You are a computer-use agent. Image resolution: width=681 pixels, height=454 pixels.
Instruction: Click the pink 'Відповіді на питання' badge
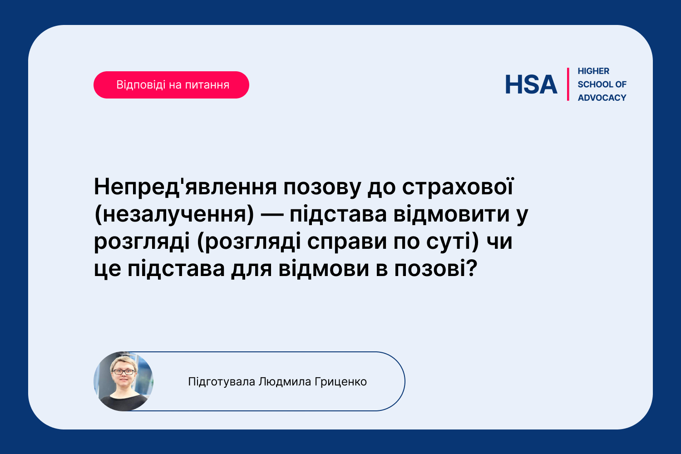pyautogui.click(x=171, y=85)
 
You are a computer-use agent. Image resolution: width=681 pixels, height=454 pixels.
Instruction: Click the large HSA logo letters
pyautogui.click(x=531, y=84)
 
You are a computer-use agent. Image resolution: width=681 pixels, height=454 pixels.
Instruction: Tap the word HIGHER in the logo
pyautogui.click(x=593, y=71)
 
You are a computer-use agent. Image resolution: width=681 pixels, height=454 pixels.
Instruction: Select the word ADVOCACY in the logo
pyautogui.click(x=602, y=98)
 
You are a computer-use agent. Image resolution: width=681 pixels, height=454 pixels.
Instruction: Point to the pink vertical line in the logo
pyautogui.click(x=568, y=84)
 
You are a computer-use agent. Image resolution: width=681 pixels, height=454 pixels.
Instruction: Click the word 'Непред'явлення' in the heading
pyautogui.click(x=185, y=187)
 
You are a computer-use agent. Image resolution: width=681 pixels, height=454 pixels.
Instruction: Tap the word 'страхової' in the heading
pyautogui.click(x=458, y=187)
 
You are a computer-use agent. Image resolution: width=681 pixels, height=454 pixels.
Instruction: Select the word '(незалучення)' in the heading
pyautogui.click(x=174, y=214)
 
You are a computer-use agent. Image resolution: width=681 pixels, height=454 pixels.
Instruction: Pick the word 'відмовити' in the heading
pyautogui.click(x=451, y=214)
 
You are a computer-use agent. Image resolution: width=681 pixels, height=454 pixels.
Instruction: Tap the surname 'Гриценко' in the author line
pyautogui.click(x=341, y=382)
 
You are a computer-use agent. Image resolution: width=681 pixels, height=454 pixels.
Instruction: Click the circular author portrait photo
pyautogui.click(x=123, y=381)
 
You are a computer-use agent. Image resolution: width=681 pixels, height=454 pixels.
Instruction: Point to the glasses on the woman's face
pyautogui.click(x=123, y=371)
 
